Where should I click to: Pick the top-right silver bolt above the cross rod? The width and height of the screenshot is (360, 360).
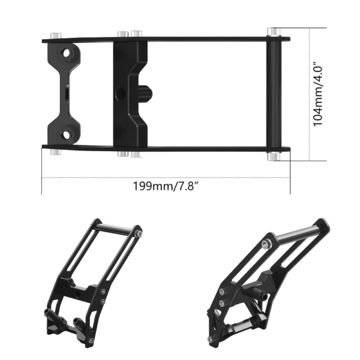pos(274,31)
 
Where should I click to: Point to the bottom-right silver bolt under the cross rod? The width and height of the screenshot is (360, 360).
pos(274,158)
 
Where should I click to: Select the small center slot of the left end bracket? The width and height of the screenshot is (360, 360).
pos(65,94)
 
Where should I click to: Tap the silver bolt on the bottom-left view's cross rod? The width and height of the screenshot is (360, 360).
pos(140,233)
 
